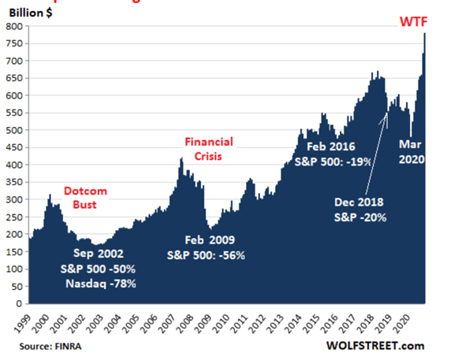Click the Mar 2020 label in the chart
coord(412,152)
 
